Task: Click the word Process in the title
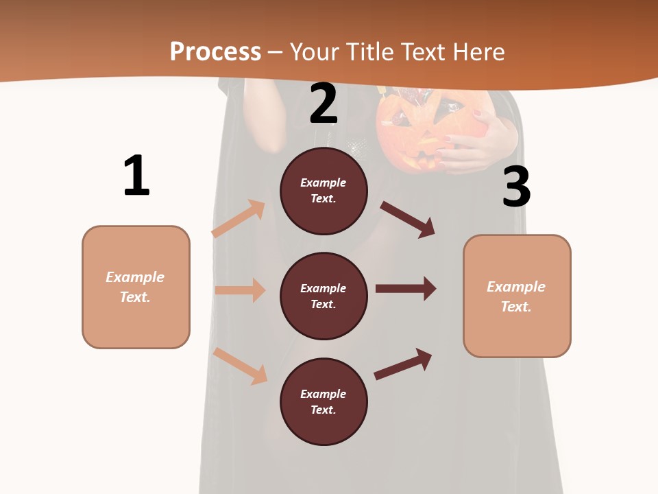pos(215,52)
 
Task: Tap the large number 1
pos(136,176)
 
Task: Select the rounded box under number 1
pos(136,287)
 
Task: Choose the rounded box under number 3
pos(517,296)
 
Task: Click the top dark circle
pos(324,191)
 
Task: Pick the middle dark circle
pos(324,296)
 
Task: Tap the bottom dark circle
pos(324,401)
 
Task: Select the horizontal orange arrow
pos(240,290)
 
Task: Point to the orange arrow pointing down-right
pos(240,366)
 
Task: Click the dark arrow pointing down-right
pos(407,219)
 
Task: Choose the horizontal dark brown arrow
pos(405,288)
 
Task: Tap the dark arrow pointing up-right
pos(402,364)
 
